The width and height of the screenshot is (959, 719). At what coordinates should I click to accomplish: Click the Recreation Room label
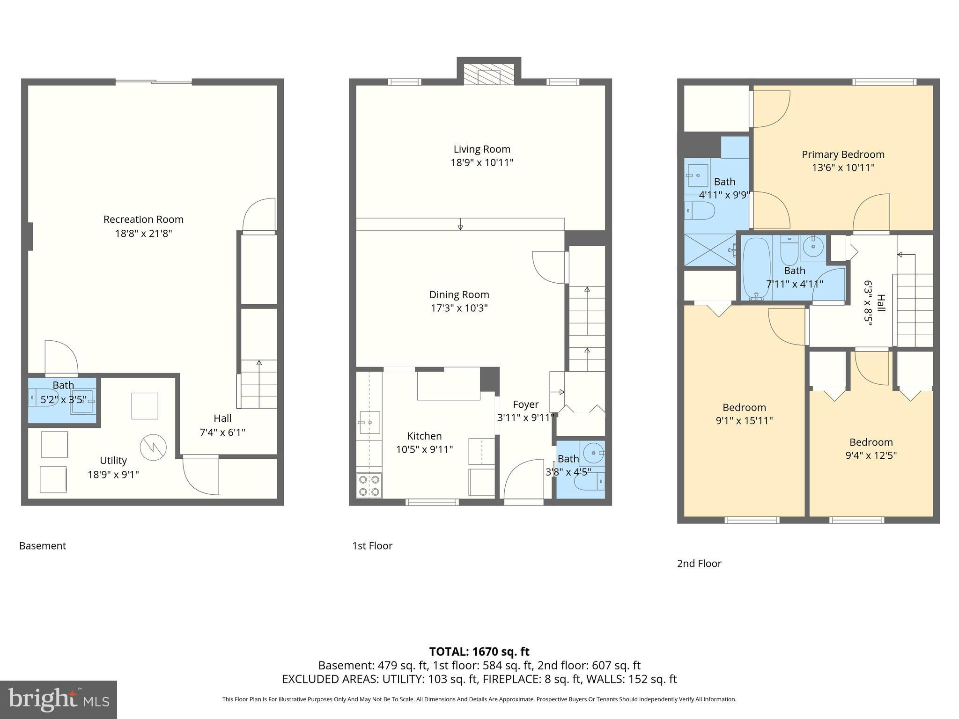coord(143,219)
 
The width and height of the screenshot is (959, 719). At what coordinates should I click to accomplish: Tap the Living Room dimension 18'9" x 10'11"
coord(482,163)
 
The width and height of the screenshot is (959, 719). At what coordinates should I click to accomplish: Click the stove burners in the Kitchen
coord(369,485)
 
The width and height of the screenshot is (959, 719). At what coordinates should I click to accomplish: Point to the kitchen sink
coord(369,423)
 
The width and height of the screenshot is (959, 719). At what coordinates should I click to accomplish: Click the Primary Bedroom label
coord(843,154)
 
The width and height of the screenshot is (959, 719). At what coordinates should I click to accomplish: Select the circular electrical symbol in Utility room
coord(153,448)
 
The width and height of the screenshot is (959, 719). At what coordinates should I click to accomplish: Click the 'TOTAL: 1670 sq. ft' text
coord(479,652)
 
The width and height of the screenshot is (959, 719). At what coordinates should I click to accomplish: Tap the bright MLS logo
coord(58,699)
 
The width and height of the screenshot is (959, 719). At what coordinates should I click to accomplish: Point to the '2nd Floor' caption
coord(699,564)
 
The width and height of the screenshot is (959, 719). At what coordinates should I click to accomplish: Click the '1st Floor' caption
coord(372,546)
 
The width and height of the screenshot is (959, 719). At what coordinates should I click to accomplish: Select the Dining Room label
coord(459,295)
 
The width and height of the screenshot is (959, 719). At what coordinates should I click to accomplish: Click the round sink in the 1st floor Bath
coord(593,453)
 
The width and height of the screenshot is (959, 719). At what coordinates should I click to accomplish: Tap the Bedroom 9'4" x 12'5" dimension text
coord(871,455)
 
